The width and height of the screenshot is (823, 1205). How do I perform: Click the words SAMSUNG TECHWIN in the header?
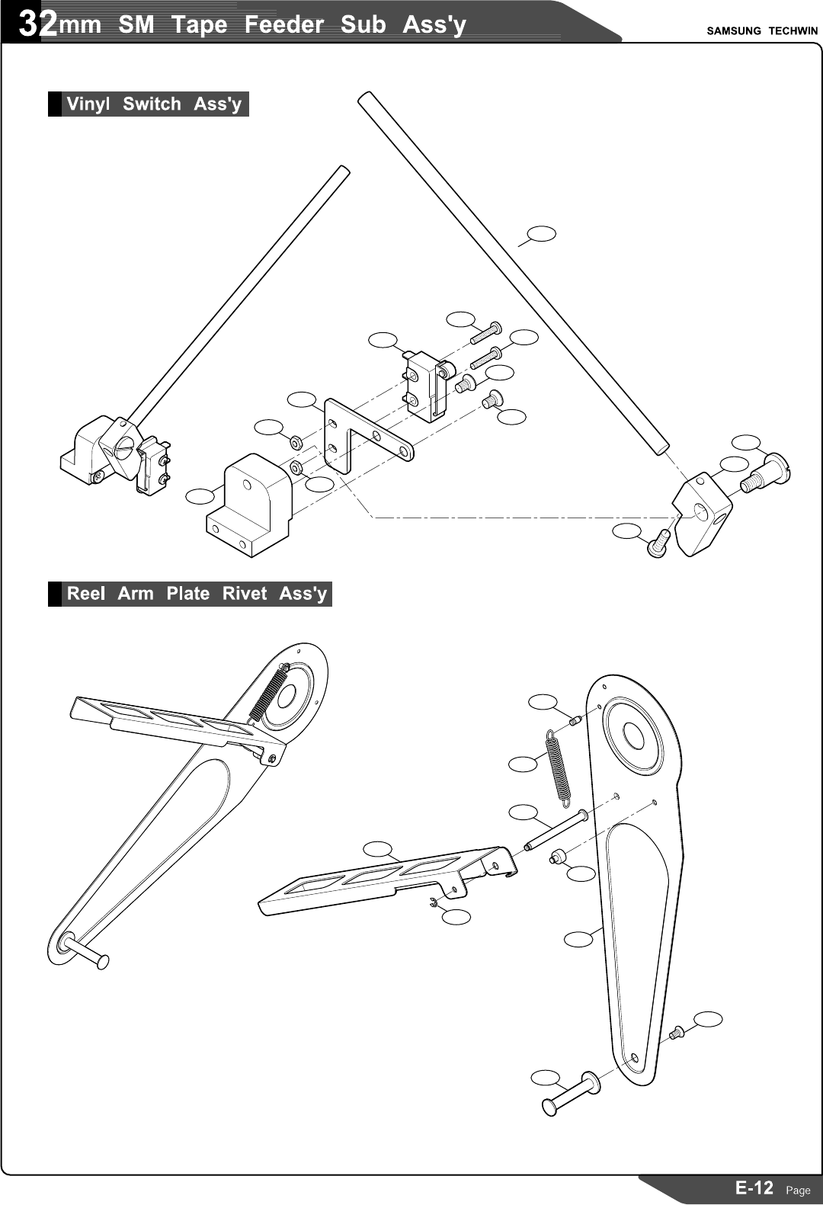click(x=761, y=31)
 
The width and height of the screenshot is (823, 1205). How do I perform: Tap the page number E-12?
click(x=754, y=1187)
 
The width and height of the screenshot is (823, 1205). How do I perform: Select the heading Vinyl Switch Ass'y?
click(x=153, y=104)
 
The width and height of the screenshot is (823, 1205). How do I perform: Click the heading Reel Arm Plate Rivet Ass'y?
click(x=196, y=594)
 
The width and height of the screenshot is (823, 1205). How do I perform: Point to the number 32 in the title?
click(x=38, y=24)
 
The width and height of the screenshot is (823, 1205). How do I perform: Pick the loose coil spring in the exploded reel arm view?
click(x=559, y=767)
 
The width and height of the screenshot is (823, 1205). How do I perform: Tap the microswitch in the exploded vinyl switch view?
click(x=426, y=385)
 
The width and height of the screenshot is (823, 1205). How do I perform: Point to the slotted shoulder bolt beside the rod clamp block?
click(x=766, y=473)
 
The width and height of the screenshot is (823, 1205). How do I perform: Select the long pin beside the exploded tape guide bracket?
click(x=555, y=831)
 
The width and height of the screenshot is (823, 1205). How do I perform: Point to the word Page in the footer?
click(x=798, y=1190)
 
